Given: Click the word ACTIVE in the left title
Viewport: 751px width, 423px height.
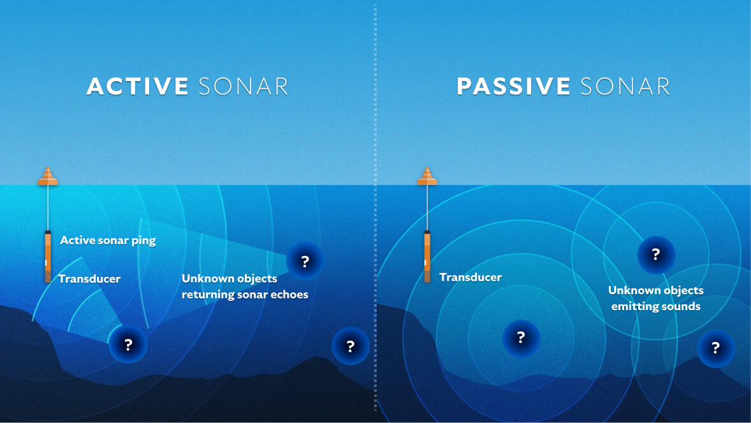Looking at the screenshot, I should click(x=138, y=87).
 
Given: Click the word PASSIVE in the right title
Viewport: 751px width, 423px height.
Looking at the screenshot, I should click(x=513, y=87).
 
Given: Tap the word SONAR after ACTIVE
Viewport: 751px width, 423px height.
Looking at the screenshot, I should click(x=243, y=87).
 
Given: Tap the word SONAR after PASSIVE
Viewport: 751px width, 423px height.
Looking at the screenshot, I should click(x=624, y=87).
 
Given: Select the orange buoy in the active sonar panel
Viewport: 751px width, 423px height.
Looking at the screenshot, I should click(x=48, y=177).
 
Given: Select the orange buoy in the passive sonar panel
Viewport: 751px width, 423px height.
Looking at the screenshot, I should click(x=427, y=177).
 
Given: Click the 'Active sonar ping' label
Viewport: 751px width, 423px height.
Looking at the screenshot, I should click(x=108, y=241).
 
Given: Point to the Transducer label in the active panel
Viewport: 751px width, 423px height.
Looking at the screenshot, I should click(x=89, y=279).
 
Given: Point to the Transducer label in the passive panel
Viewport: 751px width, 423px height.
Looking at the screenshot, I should click(x=470, y=278).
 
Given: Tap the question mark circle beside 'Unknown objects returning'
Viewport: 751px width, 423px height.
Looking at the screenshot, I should click(x=305, y=261).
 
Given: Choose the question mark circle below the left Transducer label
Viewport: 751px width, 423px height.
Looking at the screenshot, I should click(x=128, y=345).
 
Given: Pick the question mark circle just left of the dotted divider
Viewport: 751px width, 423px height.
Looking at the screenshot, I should click(x=351, y=346).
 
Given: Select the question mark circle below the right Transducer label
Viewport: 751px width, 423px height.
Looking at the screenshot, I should click(x=521, y=338).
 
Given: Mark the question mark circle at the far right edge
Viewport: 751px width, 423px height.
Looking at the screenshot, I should click(x=715, y=348).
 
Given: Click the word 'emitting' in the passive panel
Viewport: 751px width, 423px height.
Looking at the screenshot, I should click(x=634, y=307).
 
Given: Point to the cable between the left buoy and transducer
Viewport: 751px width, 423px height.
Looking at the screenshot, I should click(x=48, y=207).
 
